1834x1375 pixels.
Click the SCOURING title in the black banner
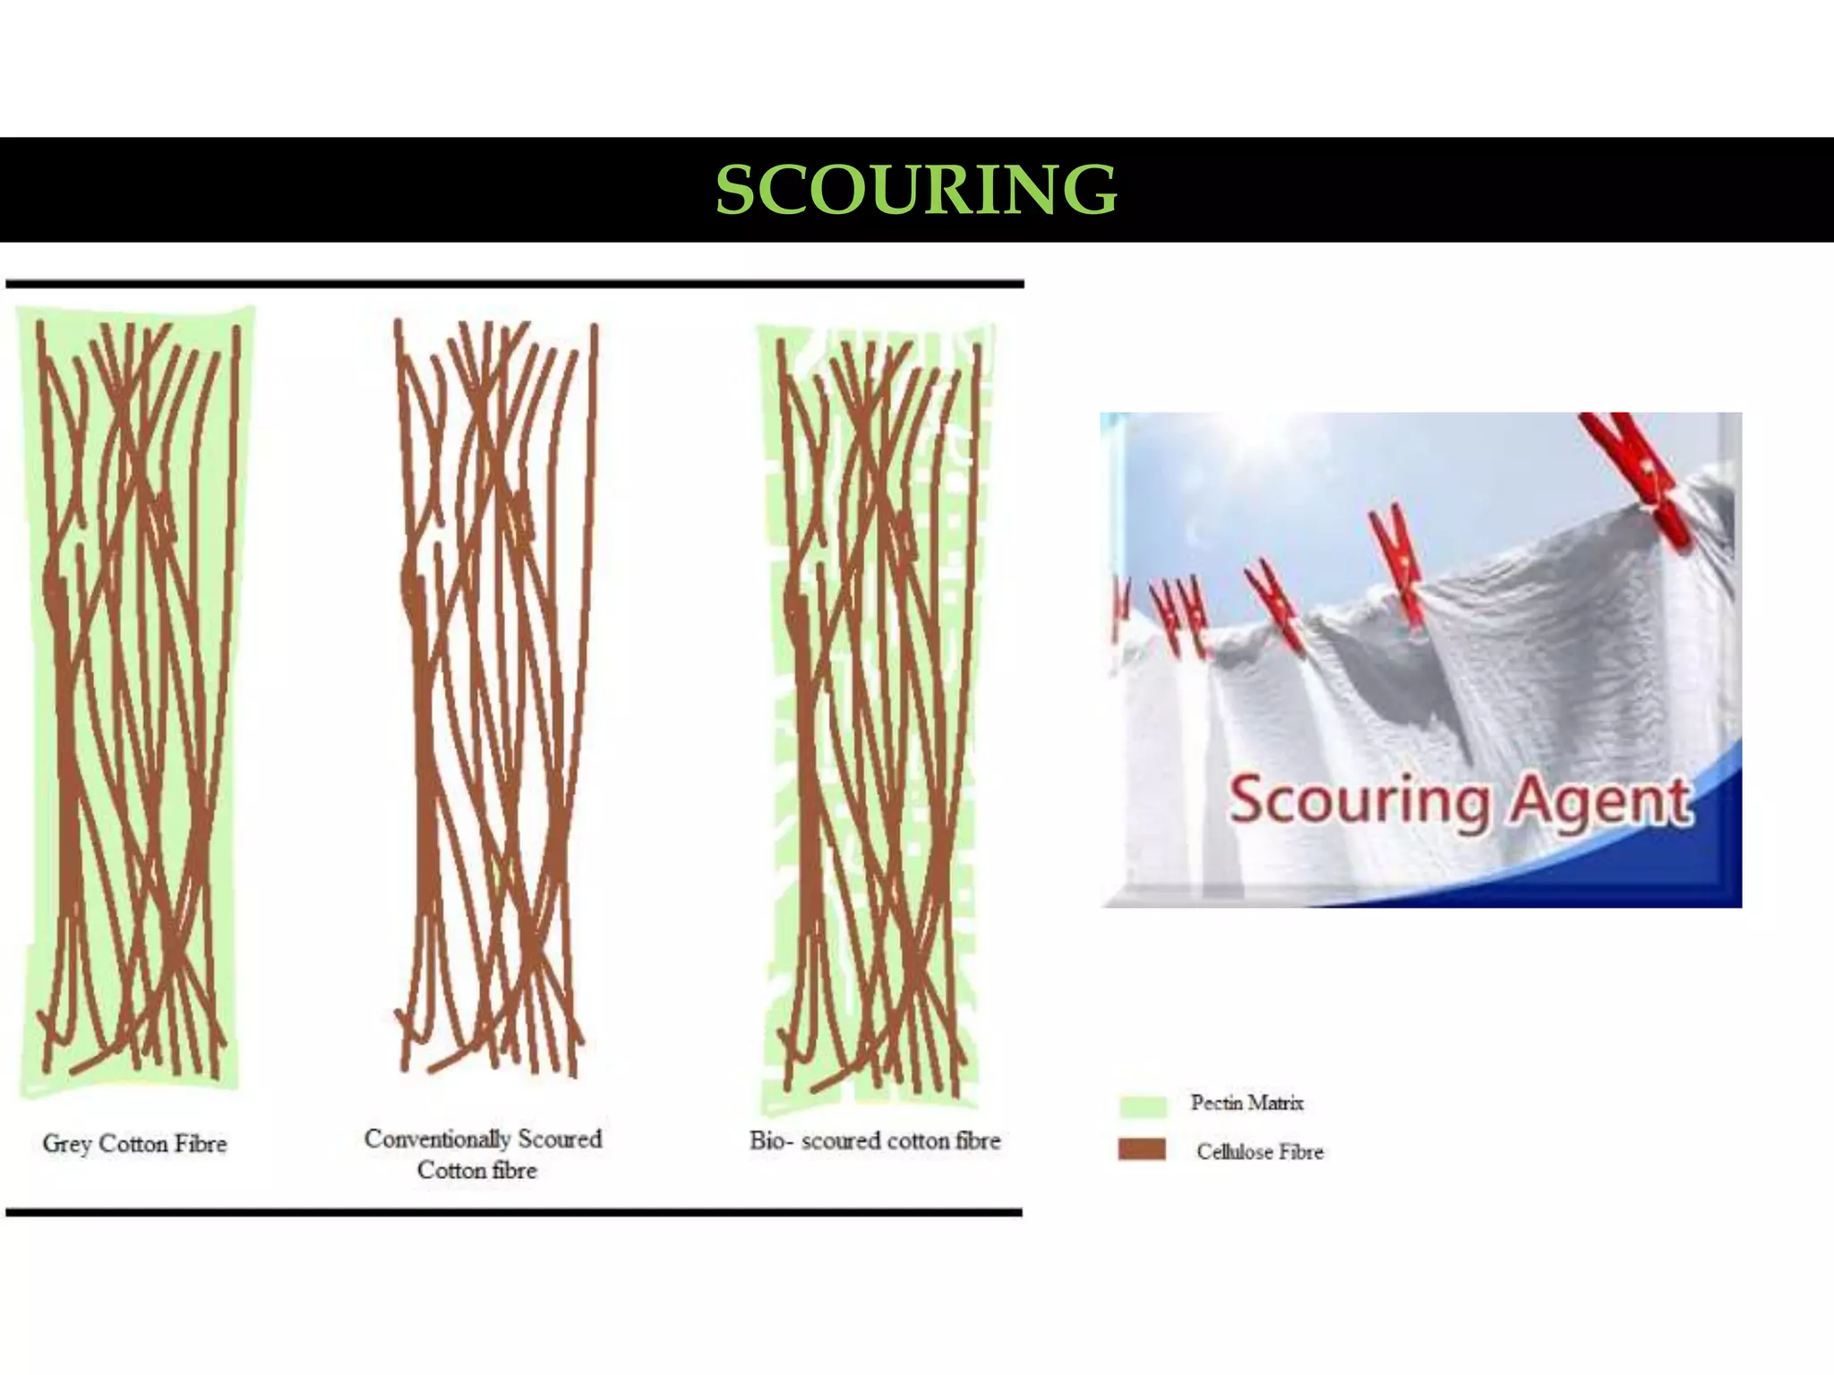pyautogui.click(x=916, y=190)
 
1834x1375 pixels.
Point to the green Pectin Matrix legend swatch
pyautogui.click(x=1143, y=1106)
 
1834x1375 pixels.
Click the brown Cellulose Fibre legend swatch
pyautogui.click(x=1142, y=1149)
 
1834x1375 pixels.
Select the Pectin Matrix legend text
pyautogui.click(x=1247, y=1103)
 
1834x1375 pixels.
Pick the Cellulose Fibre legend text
pyautogui.click(x=1259, y=1152)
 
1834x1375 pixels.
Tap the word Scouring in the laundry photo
pyautogui.click(x=1358, y=799)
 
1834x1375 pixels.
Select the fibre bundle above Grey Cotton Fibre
pyautogui.click(x=134, y=698)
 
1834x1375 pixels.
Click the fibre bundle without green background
pyautogui.click(x=493, y=698)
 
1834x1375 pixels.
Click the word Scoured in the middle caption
pyautogui.click(x=560, y=1139)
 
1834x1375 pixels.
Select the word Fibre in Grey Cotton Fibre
pyautogui.click(x=201, y=1144)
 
